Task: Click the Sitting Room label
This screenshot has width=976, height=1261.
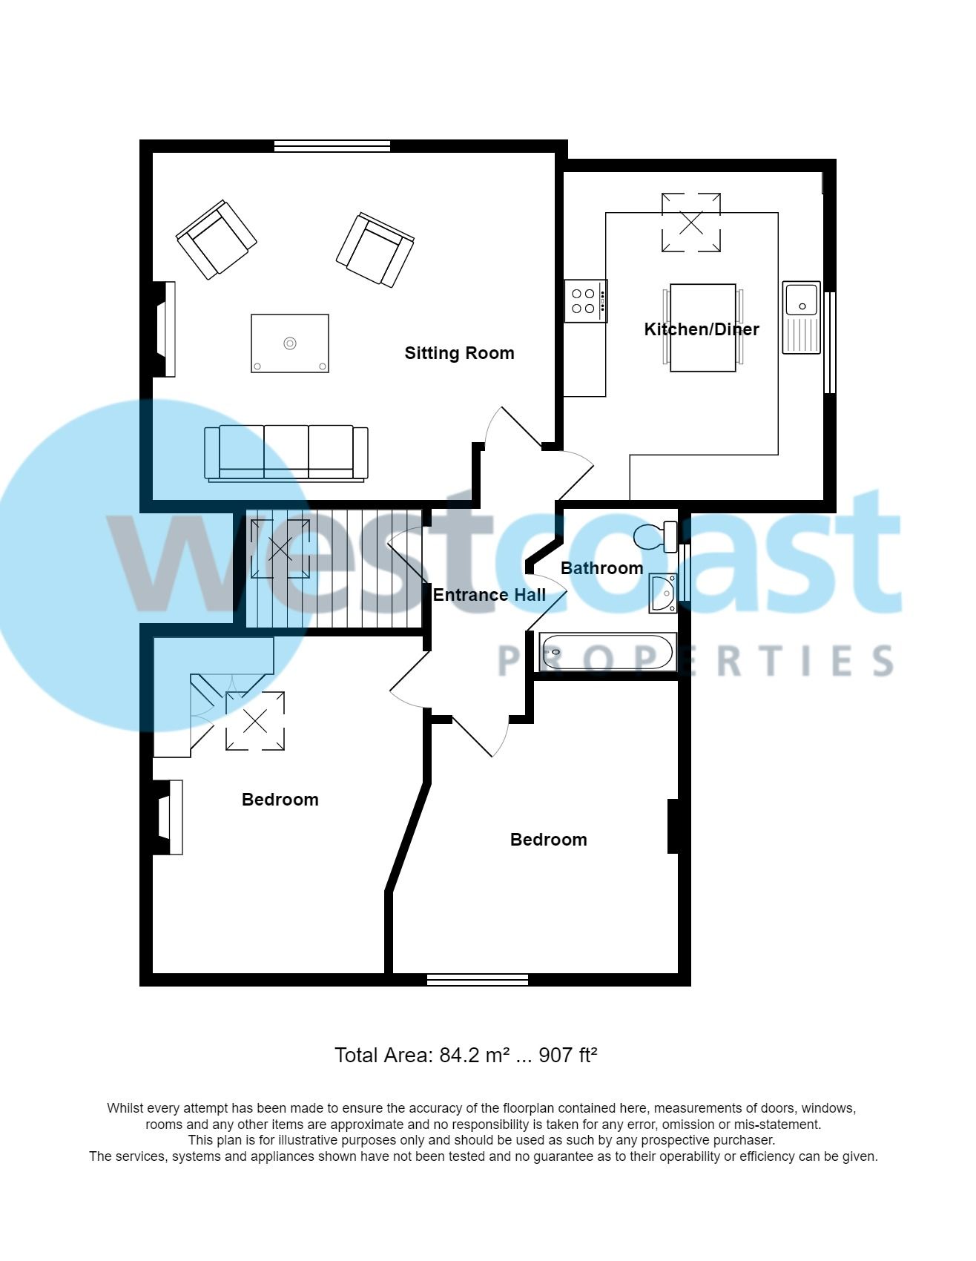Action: (459, 353)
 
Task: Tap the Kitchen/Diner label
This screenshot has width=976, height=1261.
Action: (701, 329)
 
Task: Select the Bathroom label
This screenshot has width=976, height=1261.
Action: (601, 568)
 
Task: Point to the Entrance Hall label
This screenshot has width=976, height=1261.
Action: (489, 595)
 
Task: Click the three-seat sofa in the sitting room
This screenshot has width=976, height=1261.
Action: (286, 452)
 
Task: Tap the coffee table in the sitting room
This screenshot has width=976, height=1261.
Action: (290, 343)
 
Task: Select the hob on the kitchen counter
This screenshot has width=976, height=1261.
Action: (585, 300)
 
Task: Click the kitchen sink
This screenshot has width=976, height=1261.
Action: (801, 317)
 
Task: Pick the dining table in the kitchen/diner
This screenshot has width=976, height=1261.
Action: (702, 327)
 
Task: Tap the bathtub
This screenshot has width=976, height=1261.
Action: (607, 652)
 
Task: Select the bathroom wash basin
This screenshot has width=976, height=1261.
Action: (662, 593)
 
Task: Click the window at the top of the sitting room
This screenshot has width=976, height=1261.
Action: (332, 146)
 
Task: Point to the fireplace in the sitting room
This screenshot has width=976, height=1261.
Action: (165, 329)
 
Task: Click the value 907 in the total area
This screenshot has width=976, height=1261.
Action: (555, 1055)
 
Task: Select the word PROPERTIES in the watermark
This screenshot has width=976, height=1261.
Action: (695, 660)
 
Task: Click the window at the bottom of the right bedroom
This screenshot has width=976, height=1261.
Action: (478, 980)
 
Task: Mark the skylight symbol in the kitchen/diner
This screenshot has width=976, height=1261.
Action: (690, 223)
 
